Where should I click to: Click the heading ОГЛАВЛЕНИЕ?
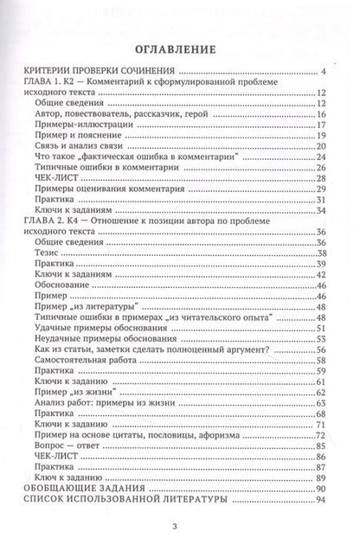pyautogui.click(x=180, y=49)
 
